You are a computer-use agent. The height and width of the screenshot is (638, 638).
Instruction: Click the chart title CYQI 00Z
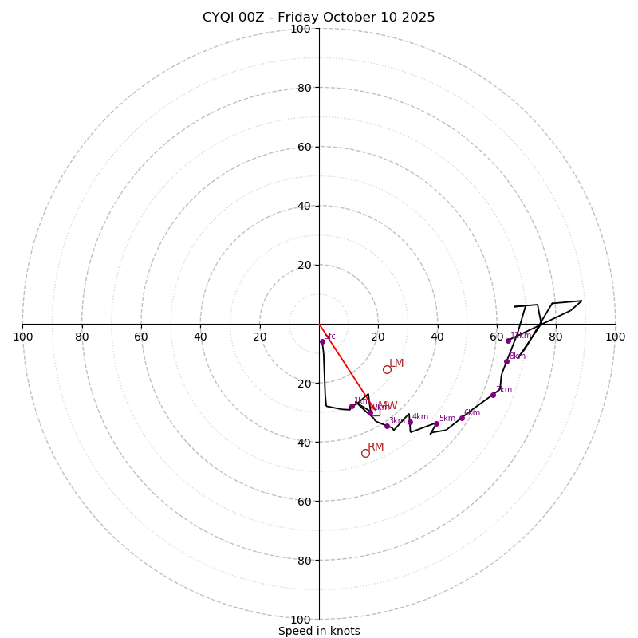click(x=318, y=17)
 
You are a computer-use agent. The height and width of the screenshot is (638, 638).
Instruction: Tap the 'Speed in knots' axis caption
click(x=319, y=631)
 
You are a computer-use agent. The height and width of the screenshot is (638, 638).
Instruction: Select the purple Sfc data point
click(x=322, y=341)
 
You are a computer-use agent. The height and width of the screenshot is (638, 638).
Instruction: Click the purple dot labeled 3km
click(x=387, y=426)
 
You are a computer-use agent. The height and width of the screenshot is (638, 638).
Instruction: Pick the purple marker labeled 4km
click(x=410, y=422)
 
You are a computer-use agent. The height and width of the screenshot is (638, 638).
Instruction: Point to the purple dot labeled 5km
click(x=436, y=423)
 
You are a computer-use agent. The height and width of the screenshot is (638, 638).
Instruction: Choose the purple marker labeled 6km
click(x=462, y=418)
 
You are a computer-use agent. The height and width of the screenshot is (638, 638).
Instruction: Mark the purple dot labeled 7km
click(x=493, y=395)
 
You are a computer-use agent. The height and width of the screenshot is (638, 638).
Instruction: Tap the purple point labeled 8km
click(x=506, y=361)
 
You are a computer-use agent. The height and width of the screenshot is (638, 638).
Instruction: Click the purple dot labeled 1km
click(x=352, y=406)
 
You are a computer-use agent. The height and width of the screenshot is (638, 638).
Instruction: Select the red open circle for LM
click(x=387, y=369)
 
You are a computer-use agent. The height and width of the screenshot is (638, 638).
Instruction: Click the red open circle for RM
click(x=365, y=453)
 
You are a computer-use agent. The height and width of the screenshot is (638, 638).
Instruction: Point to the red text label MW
click(x=388, y=406)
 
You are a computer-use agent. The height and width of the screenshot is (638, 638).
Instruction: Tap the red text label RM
click(x=376, y=447)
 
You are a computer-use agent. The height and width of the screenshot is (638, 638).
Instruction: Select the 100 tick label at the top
click(x=300, y=29)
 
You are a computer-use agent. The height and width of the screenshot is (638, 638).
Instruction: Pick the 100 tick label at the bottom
click(x=300, y=620)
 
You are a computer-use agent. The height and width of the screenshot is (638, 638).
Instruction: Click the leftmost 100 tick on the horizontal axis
click(x=22, y=337)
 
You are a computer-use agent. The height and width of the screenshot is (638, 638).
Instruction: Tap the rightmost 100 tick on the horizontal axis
click(x=616, y=337)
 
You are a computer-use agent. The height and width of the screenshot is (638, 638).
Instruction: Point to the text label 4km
click(x=420, y=416)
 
